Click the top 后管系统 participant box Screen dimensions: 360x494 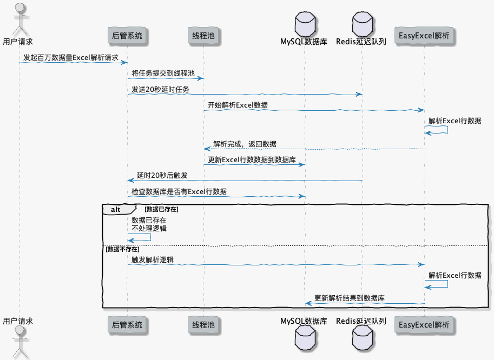[x=127, y=36]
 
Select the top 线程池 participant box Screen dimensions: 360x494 [x=203, y=36]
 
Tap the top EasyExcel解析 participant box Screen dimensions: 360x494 [x=424, y=36]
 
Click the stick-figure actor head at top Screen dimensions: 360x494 [x=19, y=8]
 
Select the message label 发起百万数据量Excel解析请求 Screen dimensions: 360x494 [x=71, y=57]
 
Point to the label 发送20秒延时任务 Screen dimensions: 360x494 [x=161, y=89]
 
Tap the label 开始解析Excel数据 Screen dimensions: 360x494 [x=238, y=105]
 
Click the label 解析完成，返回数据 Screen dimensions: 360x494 [x=245, y=144]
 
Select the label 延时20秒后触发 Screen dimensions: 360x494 [x=162, y=176]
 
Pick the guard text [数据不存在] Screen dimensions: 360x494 [x=123, y=249]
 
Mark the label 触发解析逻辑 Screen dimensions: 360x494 [x=153, y=259]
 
